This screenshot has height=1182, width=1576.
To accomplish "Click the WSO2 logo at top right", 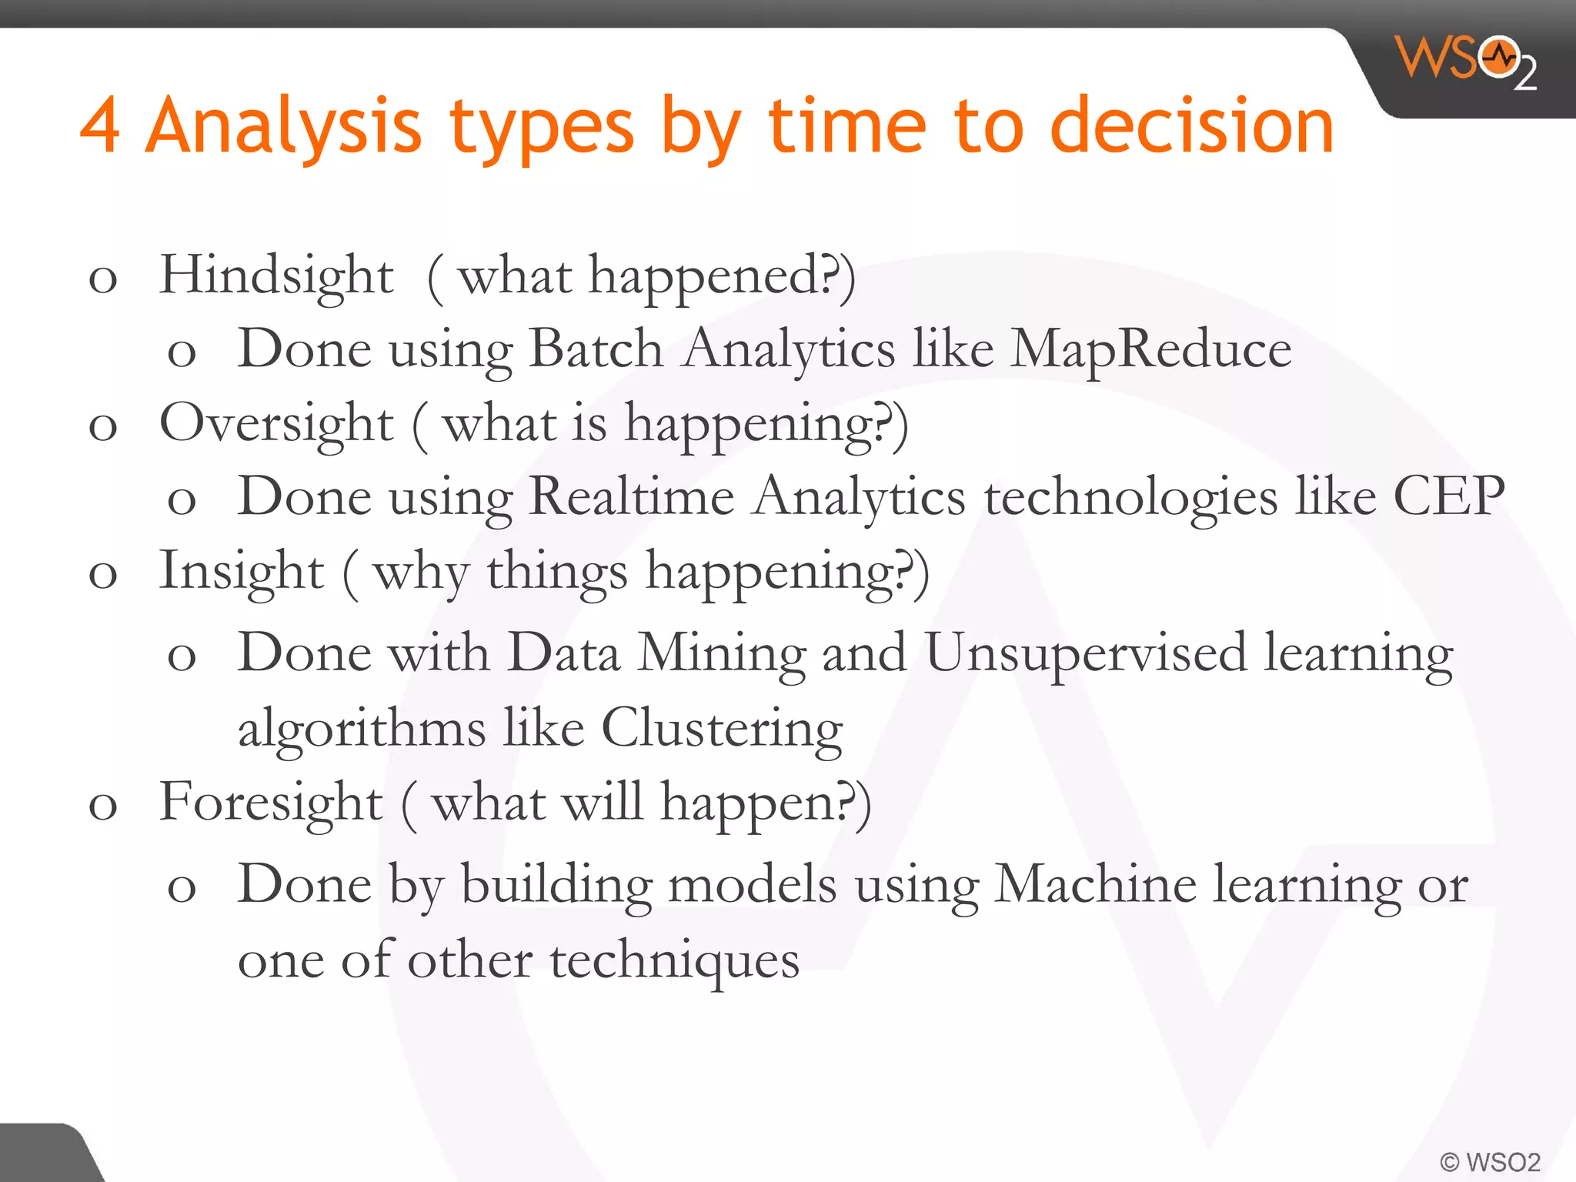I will click(1466, 62).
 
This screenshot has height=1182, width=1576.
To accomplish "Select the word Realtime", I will click(632, 496).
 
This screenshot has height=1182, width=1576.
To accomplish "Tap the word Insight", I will click(241, 572).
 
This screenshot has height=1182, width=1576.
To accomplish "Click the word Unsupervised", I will click(1085, 653).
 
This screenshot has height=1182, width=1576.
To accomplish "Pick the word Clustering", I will click(721, 727).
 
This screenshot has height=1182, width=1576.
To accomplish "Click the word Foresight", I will click(270, 803).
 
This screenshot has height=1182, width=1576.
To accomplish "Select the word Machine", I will click(1095, 884).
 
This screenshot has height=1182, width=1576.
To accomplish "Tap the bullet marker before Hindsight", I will click(103, 279).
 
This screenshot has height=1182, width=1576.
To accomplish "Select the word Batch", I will click(596, 349).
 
